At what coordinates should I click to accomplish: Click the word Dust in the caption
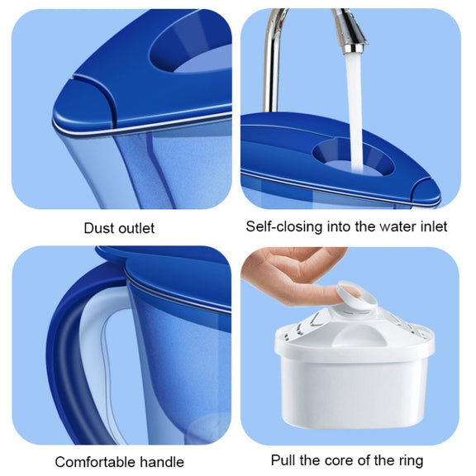pos(97,228)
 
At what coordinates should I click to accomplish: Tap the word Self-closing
pos(283,226)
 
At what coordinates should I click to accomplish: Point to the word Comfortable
pos(95,462)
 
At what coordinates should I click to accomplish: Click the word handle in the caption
pos(162,462)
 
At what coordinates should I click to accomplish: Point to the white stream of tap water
pos(355,112)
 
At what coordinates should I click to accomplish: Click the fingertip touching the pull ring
pos(348,292)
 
